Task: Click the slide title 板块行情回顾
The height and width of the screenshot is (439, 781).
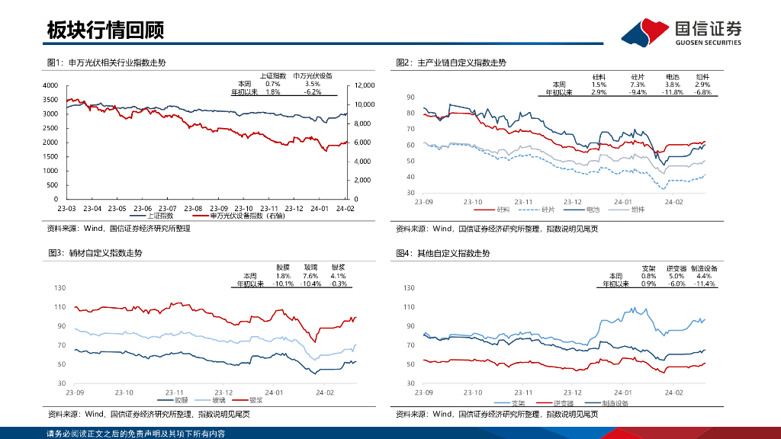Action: tap(105, 30)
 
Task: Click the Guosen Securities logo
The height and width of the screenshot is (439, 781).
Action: tap(681, 32)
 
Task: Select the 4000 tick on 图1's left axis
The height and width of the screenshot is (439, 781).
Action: tap(50, 85)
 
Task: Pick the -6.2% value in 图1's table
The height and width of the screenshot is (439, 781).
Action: tap(313, 92)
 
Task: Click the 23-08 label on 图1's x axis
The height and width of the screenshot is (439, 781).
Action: tap(193, 207)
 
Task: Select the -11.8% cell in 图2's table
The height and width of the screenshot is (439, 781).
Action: tap(672, 92)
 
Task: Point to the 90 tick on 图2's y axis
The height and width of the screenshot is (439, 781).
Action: tap(410, 98)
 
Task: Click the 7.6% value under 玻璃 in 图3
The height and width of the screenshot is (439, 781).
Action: tap(310, 276)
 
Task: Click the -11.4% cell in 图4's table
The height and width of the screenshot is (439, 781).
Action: tap(704, 284)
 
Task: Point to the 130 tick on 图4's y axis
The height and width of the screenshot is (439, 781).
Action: tap(409, 288)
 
